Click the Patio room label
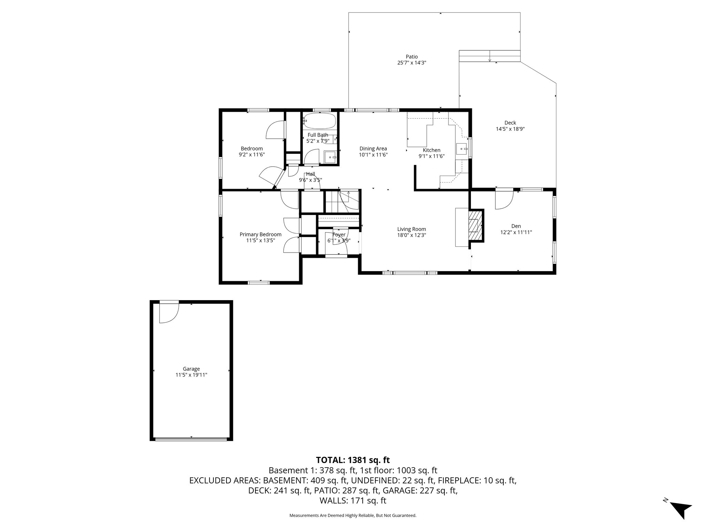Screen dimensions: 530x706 [412, 57]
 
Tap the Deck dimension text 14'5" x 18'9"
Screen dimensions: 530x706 [510, 129]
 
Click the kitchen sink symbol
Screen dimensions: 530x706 [462, 149]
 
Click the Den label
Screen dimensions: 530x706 [516, 226]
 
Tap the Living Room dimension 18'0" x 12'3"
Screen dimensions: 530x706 [412, 235]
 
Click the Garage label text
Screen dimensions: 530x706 [191, 369]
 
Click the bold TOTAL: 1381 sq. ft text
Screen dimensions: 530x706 [353, 460]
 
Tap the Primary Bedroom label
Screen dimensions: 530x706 [260, 234]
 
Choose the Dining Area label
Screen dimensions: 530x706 [373, 149]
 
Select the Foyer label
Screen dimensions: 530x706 [339, 235]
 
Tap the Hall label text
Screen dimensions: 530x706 [310, 174]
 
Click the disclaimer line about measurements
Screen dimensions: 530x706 [353, 516]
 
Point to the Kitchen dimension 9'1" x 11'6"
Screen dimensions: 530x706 [431, 156]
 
